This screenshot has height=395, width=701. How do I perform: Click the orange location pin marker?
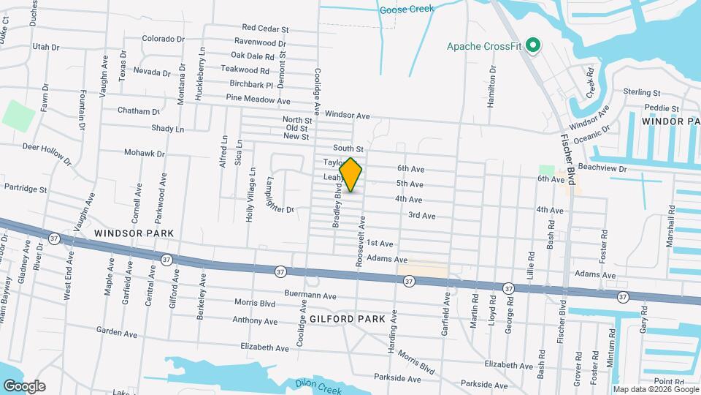click(351, 174)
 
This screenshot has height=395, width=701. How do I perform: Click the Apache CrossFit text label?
click(484, 47)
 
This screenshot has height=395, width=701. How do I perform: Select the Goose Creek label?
click(407, 10)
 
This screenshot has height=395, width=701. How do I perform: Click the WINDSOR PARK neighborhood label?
click(134, 233)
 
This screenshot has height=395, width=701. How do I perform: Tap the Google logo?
click(23, 385)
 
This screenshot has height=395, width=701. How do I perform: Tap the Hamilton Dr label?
click(493, 86)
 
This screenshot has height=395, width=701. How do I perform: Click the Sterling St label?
click(642, 93)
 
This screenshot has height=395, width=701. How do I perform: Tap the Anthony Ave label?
click(256, 320)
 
